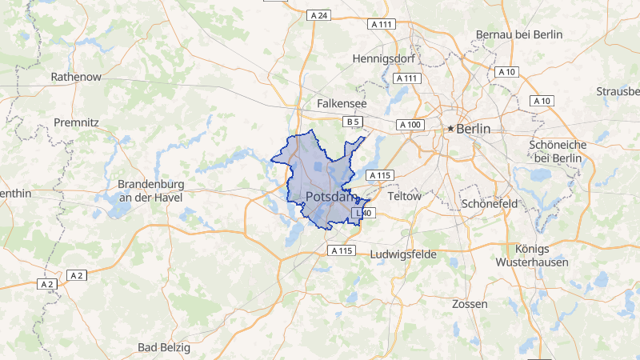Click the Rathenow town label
75,77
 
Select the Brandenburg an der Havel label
150,190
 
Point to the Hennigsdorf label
386,58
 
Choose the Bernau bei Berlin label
519,34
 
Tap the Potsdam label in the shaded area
330,197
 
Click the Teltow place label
403,196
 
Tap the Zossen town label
470,305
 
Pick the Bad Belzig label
164,347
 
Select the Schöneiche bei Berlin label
558,151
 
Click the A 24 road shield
318,15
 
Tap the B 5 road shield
354,122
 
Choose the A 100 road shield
410,125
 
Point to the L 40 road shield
362,213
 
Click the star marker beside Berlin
451,128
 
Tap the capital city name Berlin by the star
474,128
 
